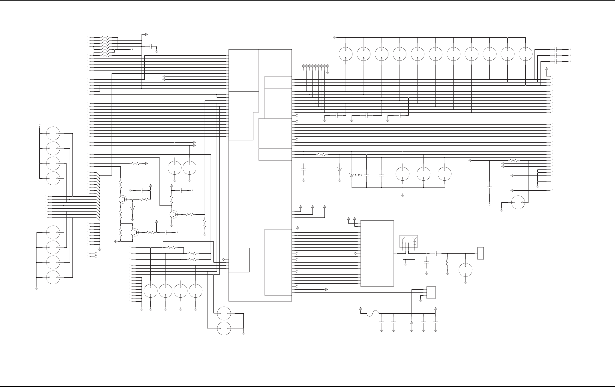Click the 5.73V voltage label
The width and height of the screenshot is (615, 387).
pyautogui.click(x=358, y=175)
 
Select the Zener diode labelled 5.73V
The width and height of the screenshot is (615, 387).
pyautogui.click(x=352, y=175)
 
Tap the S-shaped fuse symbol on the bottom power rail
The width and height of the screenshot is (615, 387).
pyautogui.click(x=372, y=313)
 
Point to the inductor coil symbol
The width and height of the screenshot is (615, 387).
pyautogui.click(x=447, y=263)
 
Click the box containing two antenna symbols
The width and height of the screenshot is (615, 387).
pyautogui.click(x=408, y=241)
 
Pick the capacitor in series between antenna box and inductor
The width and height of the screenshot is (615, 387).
pyautogui.click(x=436, y=253)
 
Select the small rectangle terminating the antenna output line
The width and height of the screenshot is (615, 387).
pyautogui.click(x=481, y=253)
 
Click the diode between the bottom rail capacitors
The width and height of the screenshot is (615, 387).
pyautogui.click(x=412, y=322)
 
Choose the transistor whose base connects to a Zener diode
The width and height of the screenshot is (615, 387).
pyautogui.click(x=123, y=199)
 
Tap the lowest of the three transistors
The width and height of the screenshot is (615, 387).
pyautogui.click(x=135, y=232)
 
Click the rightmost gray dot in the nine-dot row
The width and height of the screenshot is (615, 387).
pyautogui.click(x=328, y=66)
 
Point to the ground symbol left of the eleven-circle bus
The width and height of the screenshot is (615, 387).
pyautogui.click(x=334, y=37)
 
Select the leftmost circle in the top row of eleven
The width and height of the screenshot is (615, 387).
pyautogui.click(x=346, y=54)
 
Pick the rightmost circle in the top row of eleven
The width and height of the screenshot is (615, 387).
pyautogui.click(x=526, y=54)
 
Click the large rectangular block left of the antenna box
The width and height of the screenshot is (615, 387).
pyautogui.click(x=377, y=253)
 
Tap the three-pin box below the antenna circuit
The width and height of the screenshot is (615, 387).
pyautogui.click(x=431, y=292)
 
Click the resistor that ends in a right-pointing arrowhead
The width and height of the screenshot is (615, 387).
pyautogui.click(x=136, y=164)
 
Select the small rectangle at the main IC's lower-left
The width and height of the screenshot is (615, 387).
pyautogui.click(x=239, y=260)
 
